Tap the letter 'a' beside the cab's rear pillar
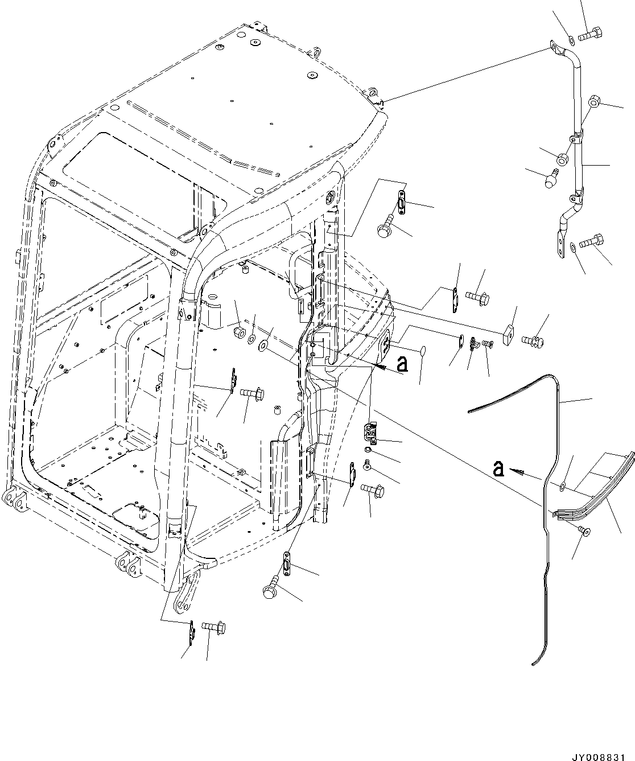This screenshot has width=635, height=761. [x=402, y=363]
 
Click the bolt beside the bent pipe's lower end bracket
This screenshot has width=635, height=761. [x=595, y=241]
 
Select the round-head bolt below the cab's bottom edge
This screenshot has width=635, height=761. [x=271, y=587]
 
